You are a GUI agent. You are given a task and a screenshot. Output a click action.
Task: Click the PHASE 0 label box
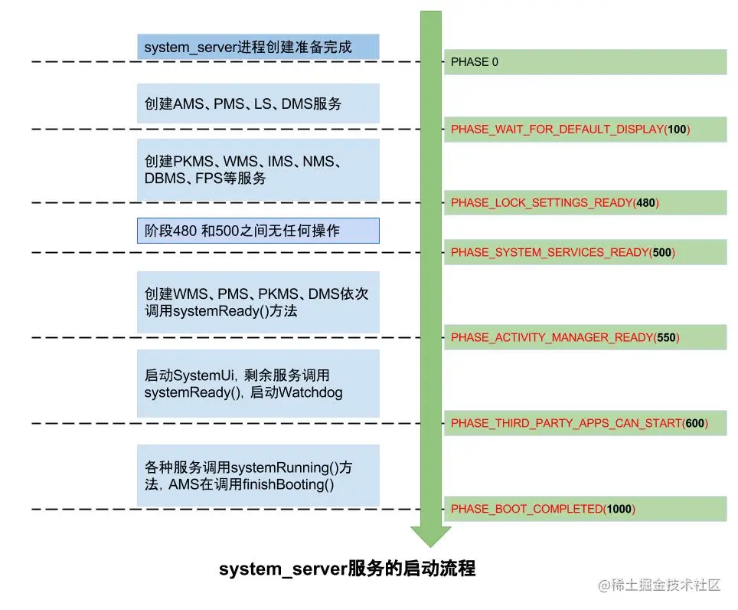point(585,62)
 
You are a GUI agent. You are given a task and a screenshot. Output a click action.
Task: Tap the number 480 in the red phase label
point(646,203)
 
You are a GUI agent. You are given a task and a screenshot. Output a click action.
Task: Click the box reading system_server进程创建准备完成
point(258,47)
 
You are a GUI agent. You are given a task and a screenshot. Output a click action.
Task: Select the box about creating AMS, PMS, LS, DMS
point(258,103)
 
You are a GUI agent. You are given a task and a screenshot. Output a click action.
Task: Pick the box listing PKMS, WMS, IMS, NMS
point(258,170)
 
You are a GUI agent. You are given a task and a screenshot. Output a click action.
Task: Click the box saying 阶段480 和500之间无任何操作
point(258,231)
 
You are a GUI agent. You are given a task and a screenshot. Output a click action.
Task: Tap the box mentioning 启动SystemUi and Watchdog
point(258,384)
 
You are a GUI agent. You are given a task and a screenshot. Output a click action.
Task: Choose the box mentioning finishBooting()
point(258,475)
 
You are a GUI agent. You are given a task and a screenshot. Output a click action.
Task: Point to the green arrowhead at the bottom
point(431,536)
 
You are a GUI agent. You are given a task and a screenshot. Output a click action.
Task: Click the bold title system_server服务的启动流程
point(347,569)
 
